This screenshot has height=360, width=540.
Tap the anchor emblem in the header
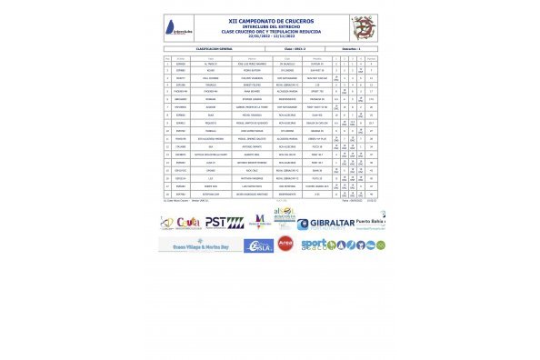coord(363,25)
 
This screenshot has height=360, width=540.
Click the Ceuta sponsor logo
coord(189,223)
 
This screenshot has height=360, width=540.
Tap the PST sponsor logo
coord(223,222)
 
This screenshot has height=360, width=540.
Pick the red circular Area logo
coord(285,244)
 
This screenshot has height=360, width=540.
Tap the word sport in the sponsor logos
coord(313,244)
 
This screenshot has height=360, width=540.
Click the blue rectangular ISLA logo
coord(258,245)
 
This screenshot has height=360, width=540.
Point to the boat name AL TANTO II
coord(205,65)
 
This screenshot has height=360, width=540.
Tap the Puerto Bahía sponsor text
coord(373,219)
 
